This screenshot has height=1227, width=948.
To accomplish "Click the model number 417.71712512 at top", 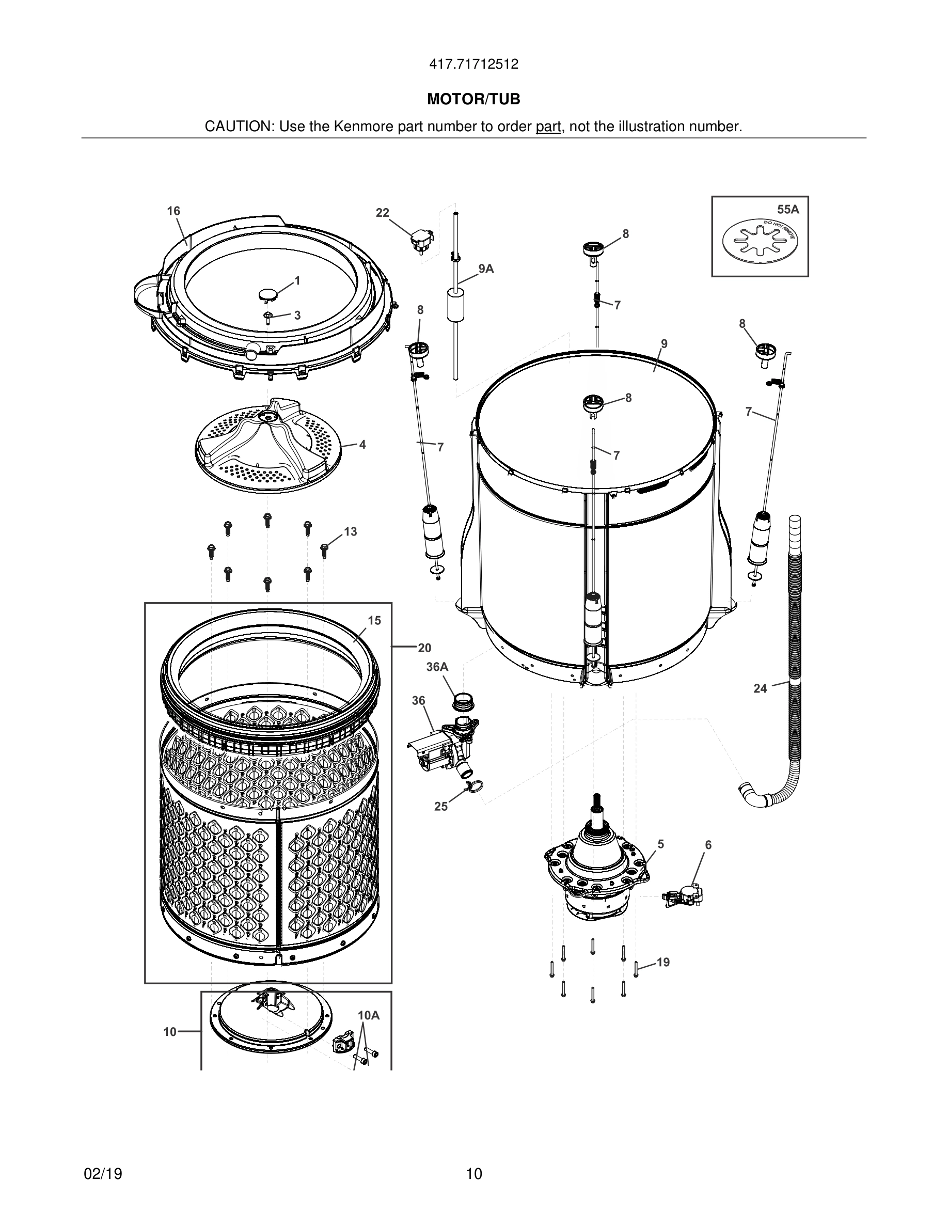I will click(473, 65).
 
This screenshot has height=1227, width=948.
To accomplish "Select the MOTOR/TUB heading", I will click(473, 100).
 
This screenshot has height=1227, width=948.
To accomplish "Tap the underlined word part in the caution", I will click(548, 127).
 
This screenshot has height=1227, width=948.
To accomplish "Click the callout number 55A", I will click(787, 210).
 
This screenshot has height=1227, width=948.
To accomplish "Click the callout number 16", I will click(173, 211).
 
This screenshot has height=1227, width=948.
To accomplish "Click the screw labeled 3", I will click(268, 318).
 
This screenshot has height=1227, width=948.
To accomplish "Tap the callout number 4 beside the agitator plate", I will click(362, 445).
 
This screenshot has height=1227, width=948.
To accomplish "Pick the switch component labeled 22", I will click(419, 243).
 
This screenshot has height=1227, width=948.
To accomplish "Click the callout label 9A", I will click(486, 269).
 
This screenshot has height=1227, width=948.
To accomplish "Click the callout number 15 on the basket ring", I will click(374, 620).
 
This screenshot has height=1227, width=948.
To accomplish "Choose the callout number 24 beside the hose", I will click(760, 688).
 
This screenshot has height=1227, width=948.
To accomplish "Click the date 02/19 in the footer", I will click(103, 1174).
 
